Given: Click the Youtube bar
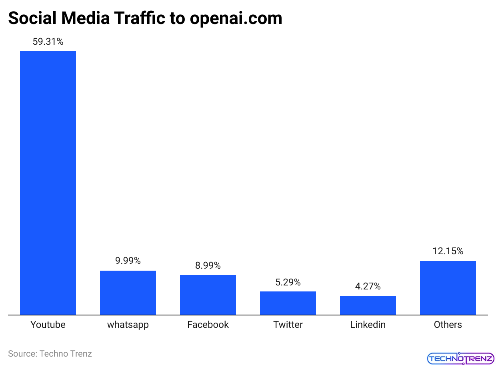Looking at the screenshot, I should (x=48, y=183).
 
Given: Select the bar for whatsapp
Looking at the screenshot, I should (x=128, y=293).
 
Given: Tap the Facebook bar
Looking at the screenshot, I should (x=208, y=295).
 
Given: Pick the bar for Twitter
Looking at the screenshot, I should (x=288, y=303).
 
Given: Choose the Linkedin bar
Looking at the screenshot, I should (x=368, y=305).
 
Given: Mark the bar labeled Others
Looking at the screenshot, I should (x=448, y=288).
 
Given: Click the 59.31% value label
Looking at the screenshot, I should (x=48, y=42).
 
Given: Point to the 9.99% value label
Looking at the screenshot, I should (x=128, y=261).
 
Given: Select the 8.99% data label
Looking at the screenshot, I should (x=208, y=265).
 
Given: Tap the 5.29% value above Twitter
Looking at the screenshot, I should (x=288, y=282).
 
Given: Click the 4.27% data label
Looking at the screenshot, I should (x=368, y=286).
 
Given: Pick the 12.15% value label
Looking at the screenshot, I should (x=448, y=251).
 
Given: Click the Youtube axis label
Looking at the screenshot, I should (x=48, y=325).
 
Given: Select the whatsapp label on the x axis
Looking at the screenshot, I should (x=128, y=325).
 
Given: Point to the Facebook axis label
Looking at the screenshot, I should (x=208, y=325).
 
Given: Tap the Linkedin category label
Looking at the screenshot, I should (x=368, y=325).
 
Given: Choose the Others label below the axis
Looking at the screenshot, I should (x=448, y=325).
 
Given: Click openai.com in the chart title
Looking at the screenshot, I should (x=236, y=18).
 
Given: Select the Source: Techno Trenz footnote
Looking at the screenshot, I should (x=50, y=354).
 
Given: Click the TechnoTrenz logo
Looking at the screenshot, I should (x=460, y=359).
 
